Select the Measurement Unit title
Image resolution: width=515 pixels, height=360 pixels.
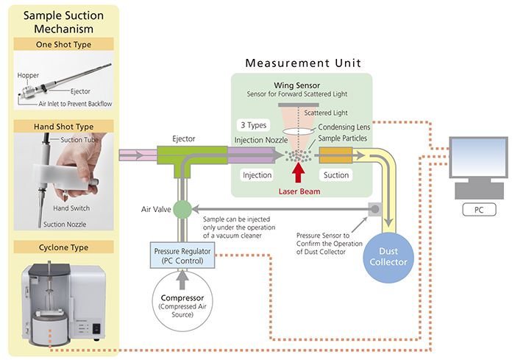302,63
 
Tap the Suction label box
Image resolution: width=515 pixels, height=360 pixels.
335,175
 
